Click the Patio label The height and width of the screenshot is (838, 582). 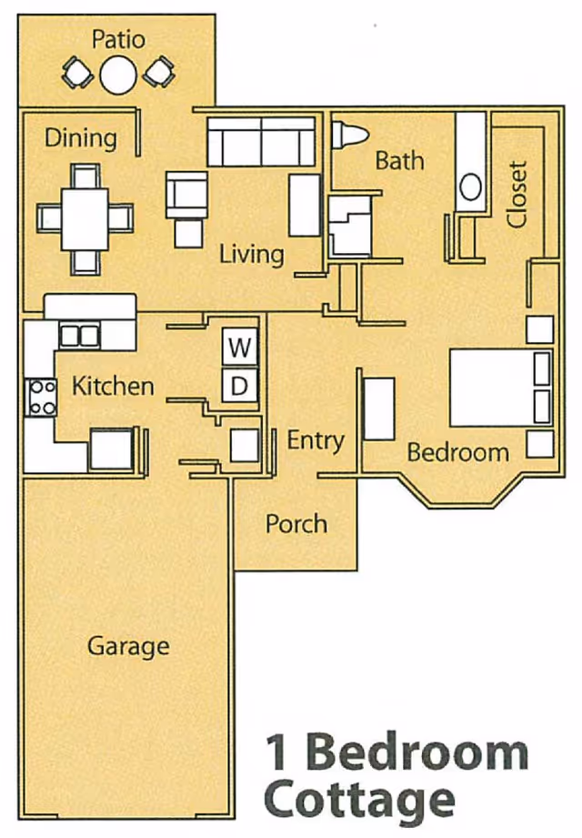click(118, 39)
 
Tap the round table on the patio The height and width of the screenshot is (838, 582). click(118, 74)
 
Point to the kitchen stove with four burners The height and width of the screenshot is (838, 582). click(42, 397)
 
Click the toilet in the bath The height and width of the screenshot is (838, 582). click(348, 135)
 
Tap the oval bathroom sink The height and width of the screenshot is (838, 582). click(470, 187)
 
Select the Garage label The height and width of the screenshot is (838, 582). click(128, 646)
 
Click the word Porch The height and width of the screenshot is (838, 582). click(296, 524)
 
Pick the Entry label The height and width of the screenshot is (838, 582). click(316, 441)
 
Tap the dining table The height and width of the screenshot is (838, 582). click(85, 217)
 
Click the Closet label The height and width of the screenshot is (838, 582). click(517, 195)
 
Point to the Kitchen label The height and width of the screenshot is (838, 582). click(113, 386)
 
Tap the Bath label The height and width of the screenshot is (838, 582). click(399, 161)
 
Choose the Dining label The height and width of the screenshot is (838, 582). click(81, 138)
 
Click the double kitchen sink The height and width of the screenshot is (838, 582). click(78, 336)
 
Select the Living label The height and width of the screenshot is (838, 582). click(251, 253)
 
